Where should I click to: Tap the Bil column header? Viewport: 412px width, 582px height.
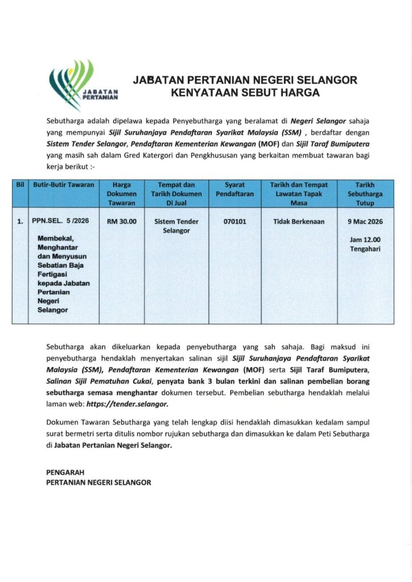(x=19, y=185)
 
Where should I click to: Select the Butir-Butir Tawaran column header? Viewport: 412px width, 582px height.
(x=63, y=185)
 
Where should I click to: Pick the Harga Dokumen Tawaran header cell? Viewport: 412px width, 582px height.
(x=122, y=194)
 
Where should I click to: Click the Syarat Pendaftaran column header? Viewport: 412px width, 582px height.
(x=235, y=190)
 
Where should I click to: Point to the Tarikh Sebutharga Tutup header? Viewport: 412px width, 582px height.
(x=364, y=194)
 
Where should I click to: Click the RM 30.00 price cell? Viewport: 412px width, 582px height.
(x=122, y=222)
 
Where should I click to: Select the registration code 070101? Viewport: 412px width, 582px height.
(x=235, y=222)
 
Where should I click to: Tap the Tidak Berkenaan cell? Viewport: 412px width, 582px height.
(x=299, y=222)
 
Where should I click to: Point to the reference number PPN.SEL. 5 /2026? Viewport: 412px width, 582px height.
(x=60, y=222)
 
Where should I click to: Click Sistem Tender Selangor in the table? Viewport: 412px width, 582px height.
(x=176, y=226)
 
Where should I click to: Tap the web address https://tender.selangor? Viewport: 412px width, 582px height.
(x=127, y=403)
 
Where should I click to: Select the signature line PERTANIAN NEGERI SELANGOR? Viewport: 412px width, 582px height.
(x=98, y=482)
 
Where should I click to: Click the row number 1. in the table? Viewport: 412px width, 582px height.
(x=20, y=222)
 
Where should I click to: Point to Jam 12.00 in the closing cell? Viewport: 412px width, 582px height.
(x=364, y=240)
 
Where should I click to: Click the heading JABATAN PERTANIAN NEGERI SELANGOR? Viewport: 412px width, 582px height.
(x=245, y=80)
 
